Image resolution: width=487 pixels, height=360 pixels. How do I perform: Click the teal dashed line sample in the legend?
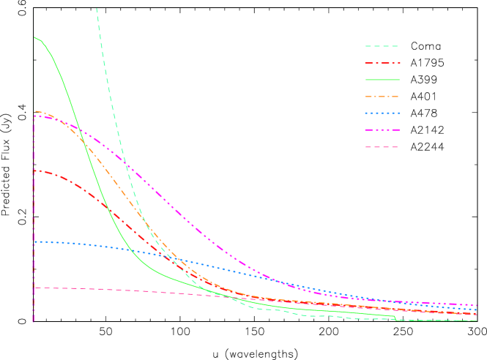click(382, 46)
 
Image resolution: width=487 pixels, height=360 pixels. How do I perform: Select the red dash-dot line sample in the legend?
click(382, 63)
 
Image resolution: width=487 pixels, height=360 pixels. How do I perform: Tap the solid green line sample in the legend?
click(382, 80)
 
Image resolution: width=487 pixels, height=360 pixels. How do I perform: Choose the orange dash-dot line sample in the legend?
click(382, 97)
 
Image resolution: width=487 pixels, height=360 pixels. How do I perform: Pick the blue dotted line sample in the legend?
click(382, 113)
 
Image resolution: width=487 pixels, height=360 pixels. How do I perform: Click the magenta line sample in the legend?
click(382, 130)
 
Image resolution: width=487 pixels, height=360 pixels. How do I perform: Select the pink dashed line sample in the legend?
click(382, 147)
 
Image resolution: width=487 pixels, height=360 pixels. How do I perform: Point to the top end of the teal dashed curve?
click(97, 9)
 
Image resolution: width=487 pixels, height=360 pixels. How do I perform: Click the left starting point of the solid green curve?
click(34, 37)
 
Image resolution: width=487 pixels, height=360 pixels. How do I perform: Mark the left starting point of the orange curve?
click(34, 111)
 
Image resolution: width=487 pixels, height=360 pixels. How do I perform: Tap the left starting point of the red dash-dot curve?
click(34, 171)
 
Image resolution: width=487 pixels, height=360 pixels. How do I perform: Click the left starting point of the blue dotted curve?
click(34, 241)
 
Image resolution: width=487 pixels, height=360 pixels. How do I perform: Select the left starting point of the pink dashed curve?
click(34, 288)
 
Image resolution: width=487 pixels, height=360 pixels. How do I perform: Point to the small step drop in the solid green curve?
click(395, 318)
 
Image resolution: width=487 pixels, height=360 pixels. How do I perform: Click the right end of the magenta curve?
click(477, 305)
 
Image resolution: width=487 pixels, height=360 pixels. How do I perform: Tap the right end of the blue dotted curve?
click(477, 310)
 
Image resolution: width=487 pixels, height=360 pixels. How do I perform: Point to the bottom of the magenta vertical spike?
click(34, 320)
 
